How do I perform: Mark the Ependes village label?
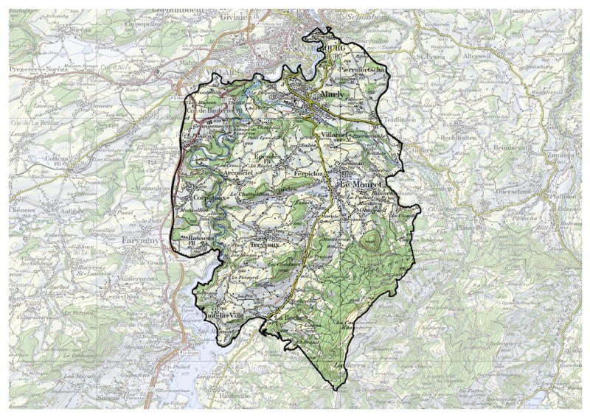click(x=266, y=158)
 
